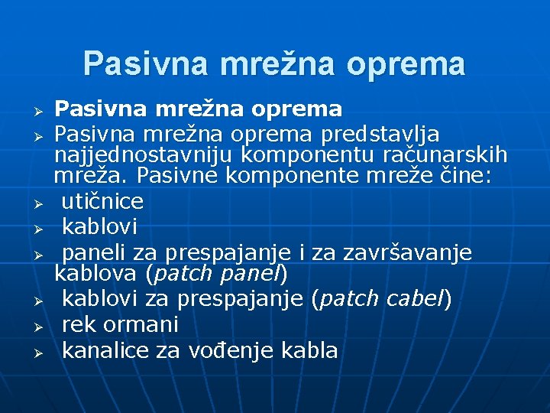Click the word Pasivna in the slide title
(144, 63)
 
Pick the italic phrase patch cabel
(382, 299)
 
